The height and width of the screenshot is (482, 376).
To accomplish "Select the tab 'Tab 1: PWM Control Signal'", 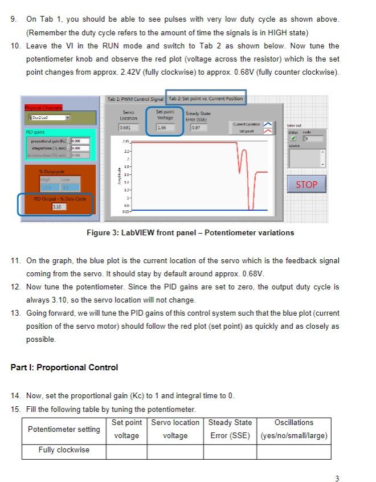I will pyautogui.click(x=136, y=99).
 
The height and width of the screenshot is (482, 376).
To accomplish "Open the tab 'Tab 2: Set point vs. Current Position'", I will pyautogui.click(x=206, y=99).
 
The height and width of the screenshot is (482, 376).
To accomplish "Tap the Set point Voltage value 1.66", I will pyautogui.click(x=165, y=128).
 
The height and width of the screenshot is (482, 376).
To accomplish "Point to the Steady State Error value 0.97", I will pyautogui.click(x=197, y=128).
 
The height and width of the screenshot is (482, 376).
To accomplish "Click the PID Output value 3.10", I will pyautogui.click(x=59, y=206).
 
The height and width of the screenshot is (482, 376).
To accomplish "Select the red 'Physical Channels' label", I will pyautogui.click(x=44, y=108).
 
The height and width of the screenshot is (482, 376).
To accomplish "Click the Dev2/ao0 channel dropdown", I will pyautogui.click(x=49, y=117).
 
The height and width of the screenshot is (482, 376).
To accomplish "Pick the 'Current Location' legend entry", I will pyautogui.click(x=247, y=124).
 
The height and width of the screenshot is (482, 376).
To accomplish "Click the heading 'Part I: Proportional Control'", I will pyautogui.click(x=64, y=367).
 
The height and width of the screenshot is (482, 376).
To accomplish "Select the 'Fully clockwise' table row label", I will pyautogui.click(x=64, y=450).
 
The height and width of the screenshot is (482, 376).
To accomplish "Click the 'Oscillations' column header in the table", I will pyautogui.click(x=294, y=423).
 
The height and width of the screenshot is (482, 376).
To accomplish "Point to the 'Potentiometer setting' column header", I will pyautogui.click(x=64, y=429).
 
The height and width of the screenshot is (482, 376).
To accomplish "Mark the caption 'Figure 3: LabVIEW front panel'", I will pyautogui.click(x=190, y=232).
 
